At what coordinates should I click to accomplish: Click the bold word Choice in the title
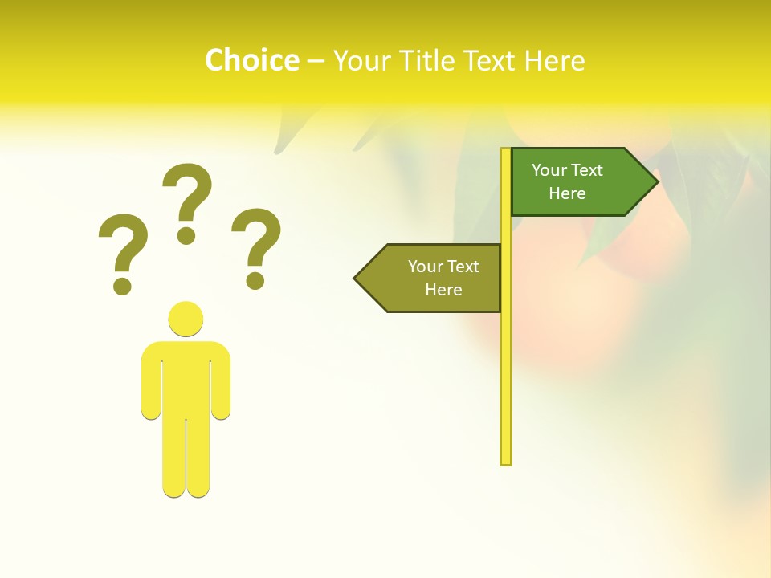tap(251, 60)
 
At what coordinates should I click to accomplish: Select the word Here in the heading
tap(554, 60)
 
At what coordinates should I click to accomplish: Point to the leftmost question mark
tap(122, 253)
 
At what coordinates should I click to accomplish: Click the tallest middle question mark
tap(187, 202)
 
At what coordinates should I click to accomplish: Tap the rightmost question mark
tap(256, 247)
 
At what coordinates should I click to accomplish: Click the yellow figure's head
tap(186, 319)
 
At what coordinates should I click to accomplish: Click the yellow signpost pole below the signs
tap(506, 385)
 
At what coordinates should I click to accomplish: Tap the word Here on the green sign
tap(567, 193)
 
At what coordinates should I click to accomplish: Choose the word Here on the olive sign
tap(443, 290)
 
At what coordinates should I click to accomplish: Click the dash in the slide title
tap(316, 61)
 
